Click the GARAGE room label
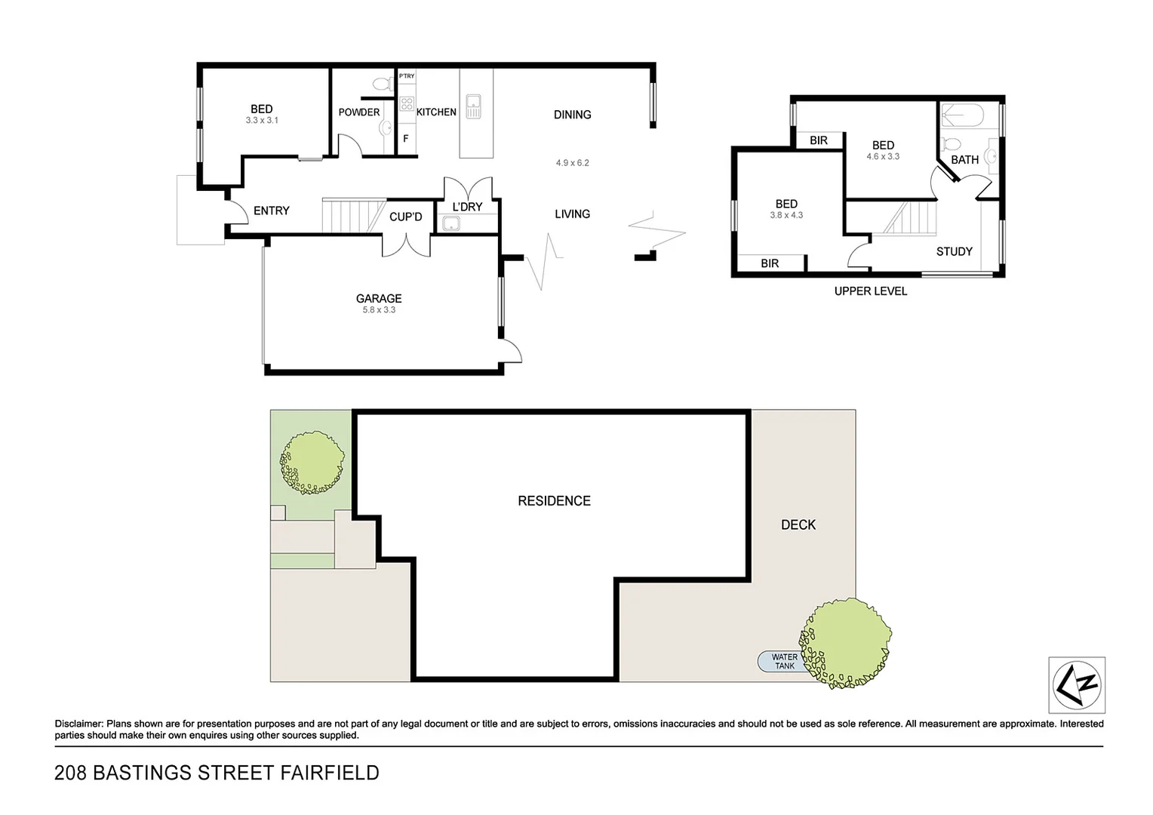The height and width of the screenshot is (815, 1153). (379, 299)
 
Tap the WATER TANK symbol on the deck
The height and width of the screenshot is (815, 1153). (784, 662)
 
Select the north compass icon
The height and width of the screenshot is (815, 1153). (1077, 685)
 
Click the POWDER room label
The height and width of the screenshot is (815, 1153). (359, 112)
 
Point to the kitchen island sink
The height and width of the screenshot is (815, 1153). (473, 106)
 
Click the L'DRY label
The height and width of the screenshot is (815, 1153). (467, 207)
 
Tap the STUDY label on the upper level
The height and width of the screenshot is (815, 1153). (954, 252)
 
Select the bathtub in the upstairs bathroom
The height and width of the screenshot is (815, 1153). (963, 115)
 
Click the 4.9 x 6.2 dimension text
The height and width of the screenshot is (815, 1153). (572, 163)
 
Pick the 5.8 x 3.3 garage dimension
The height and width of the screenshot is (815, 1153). (379, 310)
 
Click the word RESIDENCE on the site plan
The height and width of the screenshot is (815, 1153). (554, 501)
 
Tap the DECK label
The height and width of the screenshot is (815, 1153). (798, 525)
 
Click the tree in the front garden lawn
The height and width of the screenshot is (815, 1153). (312, 462)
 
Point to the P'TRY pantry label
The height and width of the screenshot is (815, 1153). (407, 76)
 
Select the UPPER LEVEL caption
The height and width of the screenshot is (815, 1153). (870, 291)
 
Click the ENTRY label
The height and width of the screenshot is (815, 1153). (272, 211)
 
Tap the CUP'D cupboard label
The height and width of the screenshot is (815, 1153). (405, 217)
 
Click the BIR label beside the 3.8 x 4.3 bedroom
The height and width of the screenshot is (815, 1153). (770, 263)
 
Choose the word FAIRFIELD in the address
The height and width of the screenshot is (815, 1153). (330, 773)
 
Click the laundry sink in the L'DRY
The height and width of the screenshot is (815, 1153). (451, 223)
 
